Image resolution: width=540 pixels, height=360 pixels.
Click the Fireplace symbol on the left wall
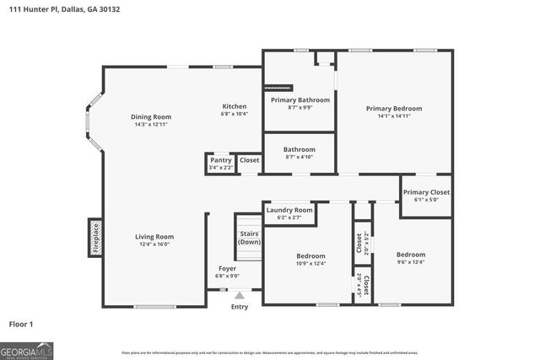pyautogui.click(x=94, y=239)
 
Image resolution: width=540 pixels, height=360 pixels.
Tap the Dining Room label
pyautogui.click(x=151, y=116)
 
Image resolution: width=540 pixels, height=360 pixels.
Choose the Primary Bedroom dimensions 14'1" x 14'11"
pyautogui.click(x=393, y=117)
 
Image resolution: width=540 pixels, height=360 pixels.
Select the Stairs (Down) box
pyautogui.click(x=250, y=237)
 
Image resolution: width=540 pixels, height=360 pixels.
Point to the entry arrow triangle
pyautogui.click(x=240, y=295)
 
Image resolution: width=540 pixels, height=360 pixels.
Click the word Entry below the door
pyautogui.click(x=240, y=307)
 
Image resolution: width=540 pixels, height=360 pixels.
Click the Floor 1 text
pyautogui.click(x=22, y=323)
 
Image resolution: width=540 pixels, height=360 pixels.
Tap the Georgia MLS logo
pyautogui.click(x=27, y=350)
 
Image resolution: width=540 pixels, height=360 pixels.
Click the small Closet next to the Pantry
pyautogui.click(x=250, y=159)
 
